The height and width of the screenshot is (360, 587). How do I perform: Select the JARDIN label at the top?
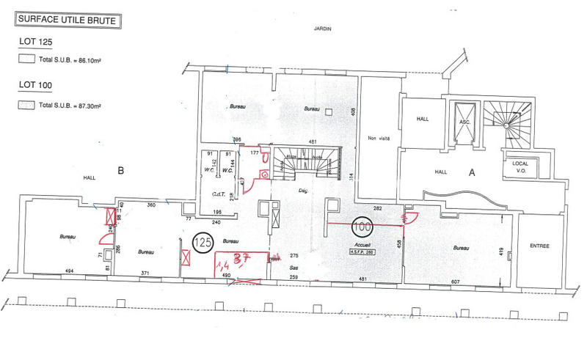(322, 28)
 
